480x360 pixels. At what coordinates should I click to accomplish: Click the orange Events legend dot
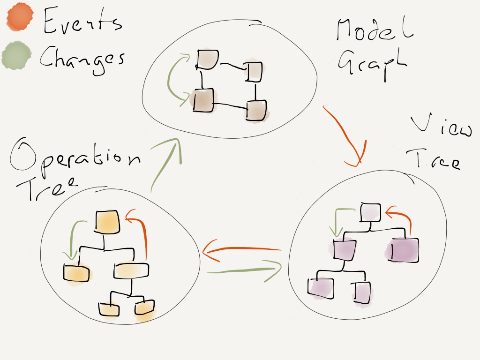tap(19, 17)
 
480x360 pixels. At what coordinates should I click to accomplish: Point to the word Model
tap(375, 31)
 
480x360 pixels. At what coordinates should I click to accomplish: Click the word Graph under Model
tap(370, 66)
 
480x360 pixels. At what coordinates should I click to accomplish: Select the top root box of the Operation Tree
tap(108, 222)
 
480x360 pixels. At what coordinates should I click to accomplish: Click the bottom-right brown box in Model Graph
tap(256, 111)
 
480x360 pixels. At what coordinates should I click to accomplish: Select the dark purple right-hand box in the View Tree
tap(405, 249)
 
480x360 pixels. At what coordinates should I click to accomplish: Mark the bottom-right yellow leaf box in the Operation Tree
tap(144, 308)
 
